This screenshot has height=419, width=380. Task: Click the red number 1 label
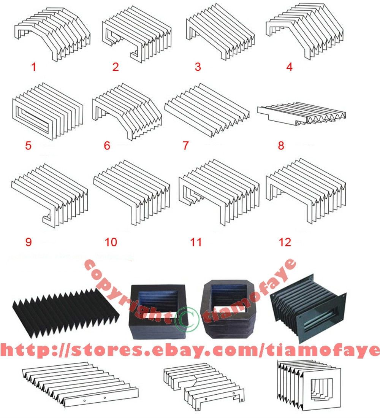[34, 67]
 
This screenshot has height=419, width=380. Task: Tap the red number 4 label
[289, 67]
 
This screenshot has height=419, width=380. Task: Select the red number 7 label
[186, 146]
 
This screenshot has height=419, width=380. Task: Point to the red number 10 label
[111, 242]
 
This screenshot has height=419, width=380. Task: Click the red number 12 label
[285, 242]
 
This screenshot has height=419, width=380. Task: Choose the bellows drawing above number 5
[47, 111]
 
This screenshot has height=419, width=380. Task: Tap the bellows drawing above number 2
[136, 34]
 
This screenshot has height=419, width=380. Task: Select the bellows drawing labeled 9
[50, 195]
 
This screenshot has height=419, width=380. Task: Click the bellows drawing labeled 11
[219, 192]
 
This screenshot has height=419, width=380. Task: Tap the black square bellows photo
[158, 312]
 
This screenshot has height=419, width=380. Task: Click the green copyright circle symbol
[187, 319]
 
